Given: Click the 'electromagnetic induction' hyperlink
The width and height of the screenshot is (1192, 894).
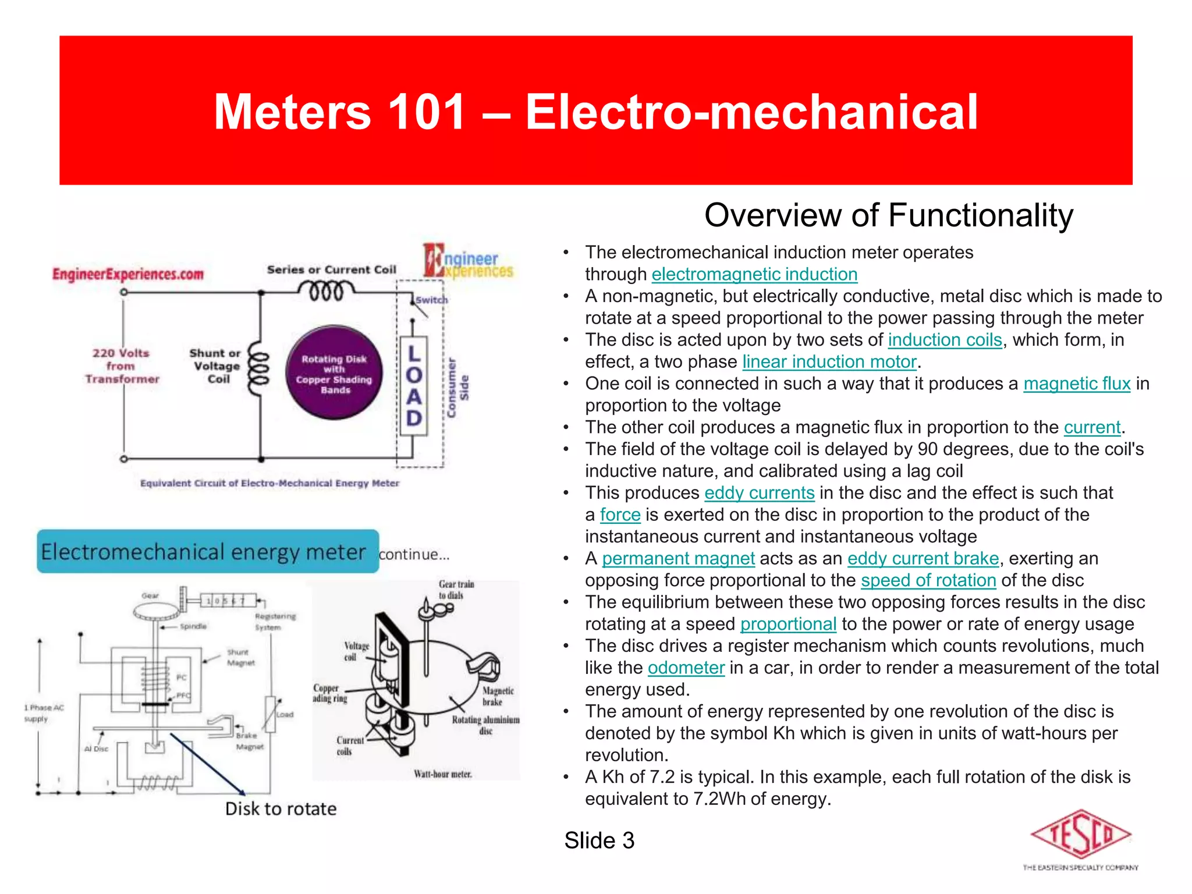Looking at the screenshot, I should (754, 274).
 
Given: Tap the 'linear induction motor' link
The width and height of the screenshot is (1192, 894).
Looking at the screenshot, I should (829, 362).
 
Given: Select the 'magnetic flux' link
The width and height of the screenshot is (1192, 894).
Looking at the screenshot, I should (1077, 384).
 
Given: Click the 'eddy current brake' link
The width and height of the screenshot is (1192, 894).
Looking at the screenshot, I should (923, 559).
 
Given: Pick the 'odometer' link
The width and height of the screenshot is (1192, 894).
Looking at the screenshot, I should (686, 668).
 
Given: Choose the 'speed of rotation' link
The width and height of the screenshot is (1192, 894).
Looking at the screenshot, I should (928, 580).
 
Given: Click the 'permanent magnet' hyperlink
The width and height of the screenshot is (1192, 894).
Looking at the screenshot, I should (678, 559).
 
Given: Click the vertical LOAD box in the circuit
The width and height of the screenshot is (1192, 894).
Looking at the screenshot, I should (414, 386).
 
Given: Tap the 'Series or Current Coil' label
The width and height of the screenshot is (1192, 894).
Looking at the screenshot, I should (331, 269).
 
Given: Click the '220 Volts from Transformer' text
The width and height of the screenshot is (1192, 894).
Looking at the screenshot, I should (121, 366).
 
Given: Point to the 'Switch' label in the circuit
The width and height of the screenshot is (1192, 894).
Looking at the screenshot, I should (432, 300).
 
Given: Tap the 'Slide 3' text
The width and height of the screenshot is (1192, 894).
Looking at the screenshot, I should (599, 840).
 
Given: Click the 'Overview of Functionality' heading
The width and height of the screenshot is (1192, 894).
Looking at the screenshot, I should (888, 215).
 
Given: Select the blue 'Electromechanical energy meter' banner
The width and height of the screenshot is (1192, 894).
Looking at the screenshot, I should (208, 552).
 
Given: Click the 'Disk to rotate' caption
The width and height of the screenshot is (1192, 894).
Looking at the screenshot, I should (281, 809).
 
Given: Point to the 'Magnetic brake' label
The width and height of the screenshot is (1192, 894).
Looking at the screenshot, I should (498, 696).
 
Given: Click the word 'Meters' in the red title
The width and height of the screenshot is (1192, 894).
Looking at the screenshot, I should (292, 112).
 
